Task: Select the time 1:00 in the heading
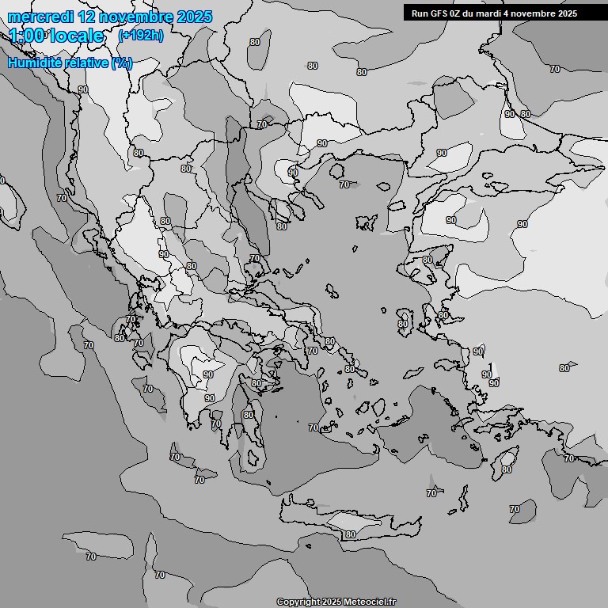pyautogui.click(x=27, y=36)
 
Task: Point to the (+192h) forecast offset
pyautogui.click(x=140, y=36)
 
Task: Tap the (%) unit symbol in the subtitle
pyautogui.click(x=121, y=63)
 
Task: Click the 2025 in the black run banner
pyautogui.click(x=566, y=13)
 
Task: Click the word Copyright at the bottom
pyautogui.click(x=298, y=602)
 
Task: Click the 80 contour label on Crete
pyautogui.click(x=351, y=534)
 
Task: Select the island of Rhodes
pyautogui.click(x=504, y=461)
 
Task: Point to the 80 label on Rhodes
pyautogui.click(x=507, y=469)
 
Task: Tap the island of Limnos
pyautogui.click(x=367, y=221)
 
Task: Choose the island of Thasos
pyautogui.click(x=337, y=171)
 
